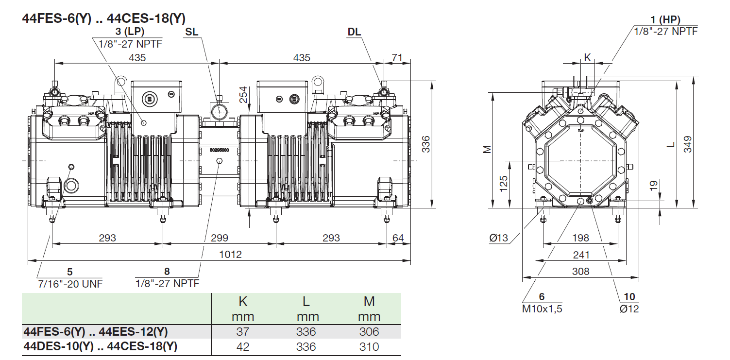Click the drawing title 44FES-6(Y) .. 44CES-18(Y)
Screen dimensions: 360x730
pyautogui.click(x=104, y=18)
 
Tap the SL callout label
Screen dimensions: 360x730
pyautogui.click(x=192, y=32)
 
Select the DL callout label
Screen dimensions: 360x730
pyautogui.click(x=354, y=32)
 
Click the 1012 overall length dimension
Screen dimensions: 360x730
pyautogui.click(x=230, y=255)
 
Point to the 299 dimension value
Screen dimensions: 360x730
pyautogui.click(x=220, y=238)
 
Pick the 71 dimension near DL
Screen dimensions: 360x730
pyautogui.click(x=397, y=58)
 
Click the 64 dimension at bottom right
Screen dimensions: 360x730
pyautogui.click(x=398, y=238)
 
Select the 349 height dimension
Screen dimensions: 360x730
pyautogui.click(x=688, y=144)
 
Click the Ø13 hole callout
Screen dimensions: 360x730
pyautogui.click(x=498, y=238)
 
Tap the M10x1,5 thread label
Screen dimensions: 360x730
pyautogui.click(x=542, y=309)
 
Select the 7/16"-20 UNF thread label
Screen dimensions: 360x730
pyautogui.click(x=70, y=284)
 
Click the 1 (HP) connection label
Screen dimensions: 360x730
pyautogui.click(x=665, y=20)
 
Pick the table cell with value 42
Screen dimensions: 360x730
pyautogui.click(x=242, y=347)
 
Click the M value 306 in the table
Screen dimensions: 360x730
pyautogui.click(x=369, y=332)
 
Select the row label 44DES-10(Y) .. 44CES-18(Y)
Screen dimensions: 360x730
pyautogui.click(x=101, y=347)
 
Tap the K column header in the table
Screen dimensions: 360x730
pyautogui.click(x=243, y=302)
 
